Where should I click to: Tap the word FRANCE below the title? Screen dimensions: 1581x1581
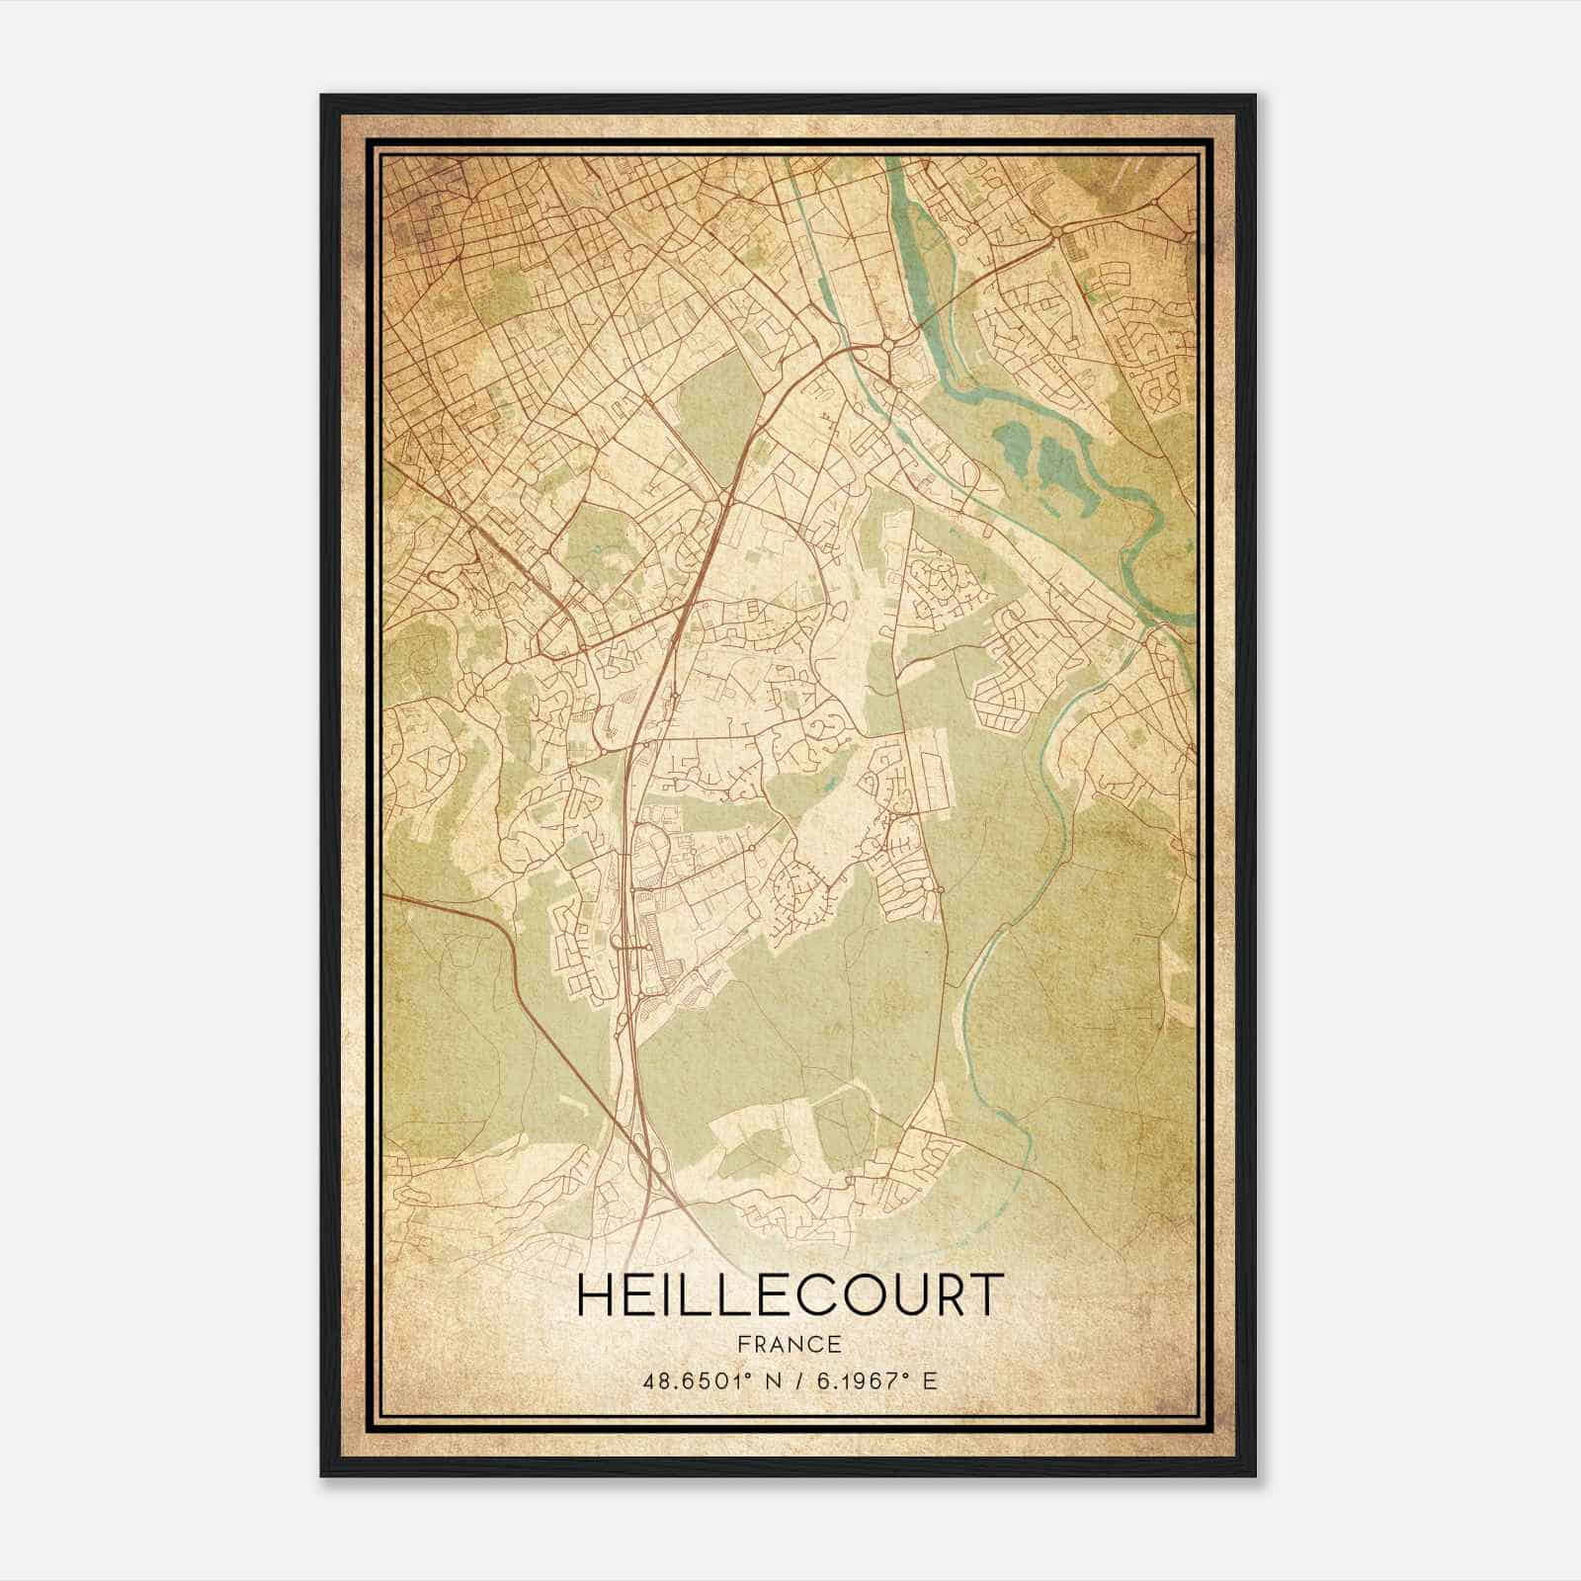point(789,1344)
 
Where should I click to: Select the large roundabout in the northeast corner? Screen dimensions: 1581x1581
point(1058,232)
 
